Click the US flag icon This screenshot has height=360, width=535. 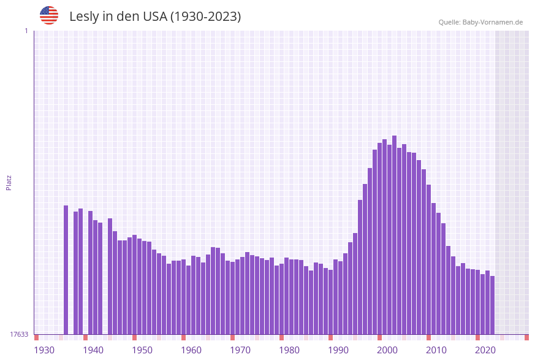pos(49,15)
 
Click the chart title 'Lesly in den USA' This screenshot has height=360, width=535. pos(155,17)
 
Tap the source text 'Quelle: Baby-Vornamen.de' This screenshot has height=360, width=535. pos(480,22)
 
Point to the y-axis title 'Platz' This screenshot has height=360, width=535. pos(9,182)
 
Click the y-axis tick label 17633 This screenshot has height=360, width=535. pos(19,334)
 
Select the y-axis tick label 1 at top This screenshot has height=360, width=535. pos(26,31)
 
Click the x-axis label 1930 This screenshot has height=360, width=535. pos(44,350)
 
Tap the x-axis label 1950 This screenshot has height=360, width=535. pos(142,350)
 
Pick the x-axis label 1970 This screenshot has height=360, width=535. pos(240,350)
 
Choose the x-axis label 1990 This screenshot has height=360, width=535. pos(338,350)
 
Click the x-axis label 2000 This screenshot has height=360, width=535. pos(387,350)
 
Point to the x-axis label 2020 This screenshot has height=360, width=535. pos(485,350)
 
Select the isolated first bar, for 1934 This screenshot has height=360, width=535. pos(66,270)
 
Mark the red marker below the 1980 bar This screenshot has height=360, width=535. pos(281,337)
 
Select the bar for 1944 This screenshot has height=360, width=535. pos(115,283)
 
